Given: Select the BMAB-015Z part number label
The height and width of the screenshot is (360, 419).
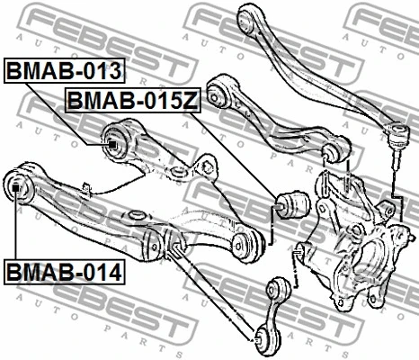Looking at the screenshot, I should click(130, 100).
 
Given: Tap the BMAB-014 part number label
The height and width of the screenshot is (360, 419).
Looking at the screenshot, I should click(65, 268).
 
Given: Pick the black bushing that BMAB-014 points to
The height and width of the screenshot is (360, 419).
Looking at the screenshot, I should click(16, 187).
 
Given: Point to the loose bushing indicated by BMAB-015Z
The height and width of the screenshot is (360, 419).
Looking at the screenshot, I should click(292, 204).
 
